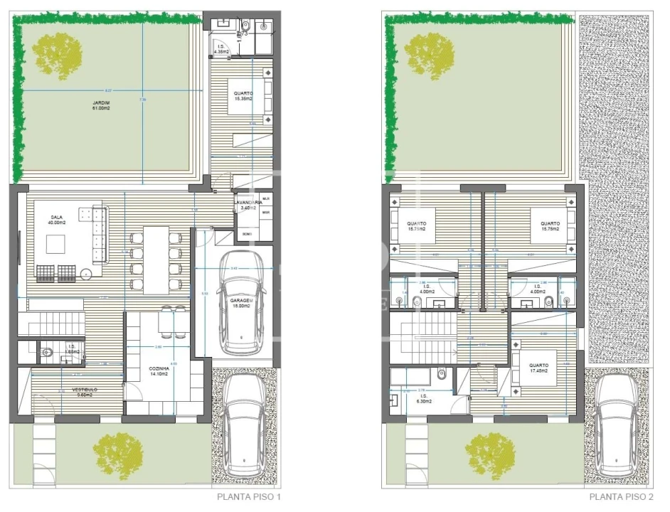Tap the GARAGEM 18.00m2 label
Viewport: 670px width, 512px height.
[x=240, y=303]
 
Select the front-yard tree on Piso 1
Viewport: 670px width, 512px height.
[x=116, y=453]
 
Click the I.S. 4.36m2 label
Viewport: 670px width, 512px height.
[x=220, y=50]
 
